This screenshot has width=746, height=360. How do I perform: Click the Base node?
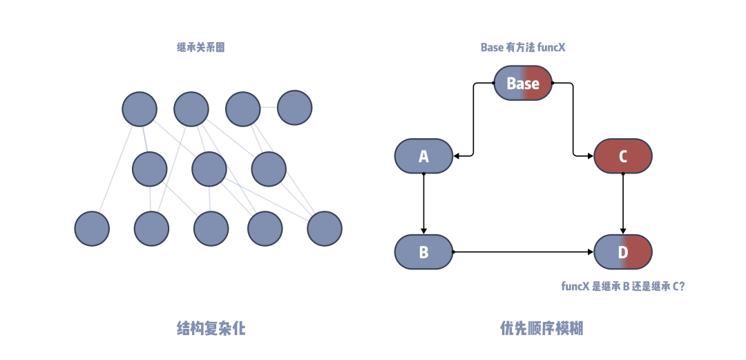[523, 84]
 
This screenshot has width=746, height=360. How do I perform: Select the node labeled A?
[423, 156]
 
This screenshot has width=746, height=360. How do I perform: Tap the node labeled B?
[423, 252]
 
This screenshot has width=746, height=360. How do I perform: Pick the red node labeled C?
[622, 156]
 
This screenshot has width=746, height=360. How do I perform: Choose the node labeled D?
[622, 252]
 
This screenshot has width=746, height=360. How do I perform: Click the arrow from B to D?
[522, 252]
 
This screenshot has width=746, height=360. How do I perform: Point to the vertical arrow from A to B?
[423, 204]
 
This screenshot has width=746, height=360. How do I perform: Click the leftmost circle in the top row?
[139, 109]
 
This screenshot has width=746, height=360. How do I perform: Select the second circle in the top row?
[191, 109]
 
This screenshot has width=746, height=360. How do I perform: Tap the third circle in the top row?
[242, 109]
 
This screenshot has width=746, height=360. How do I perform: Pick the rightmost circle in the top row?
[294, 108]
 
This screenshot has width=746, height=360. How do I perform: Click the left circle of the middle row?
[149, 169]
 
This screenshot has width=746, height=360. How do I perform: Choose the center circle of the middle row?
[209, 169]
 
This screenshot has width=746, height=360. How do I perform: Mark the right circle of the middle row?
[268, 169]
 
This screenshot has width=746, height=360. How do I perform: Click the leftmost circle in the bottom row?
[92, 229]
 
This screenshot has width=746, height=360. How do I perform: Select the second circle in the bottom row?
[151, 229]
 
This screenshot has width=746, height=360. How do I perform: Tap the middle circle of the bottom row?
[211, 229]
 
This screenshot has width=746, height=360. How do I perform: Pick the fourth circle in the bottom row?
[265, 229]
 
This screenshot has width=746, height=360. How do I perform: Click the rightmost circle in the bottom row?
[324, 229]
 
